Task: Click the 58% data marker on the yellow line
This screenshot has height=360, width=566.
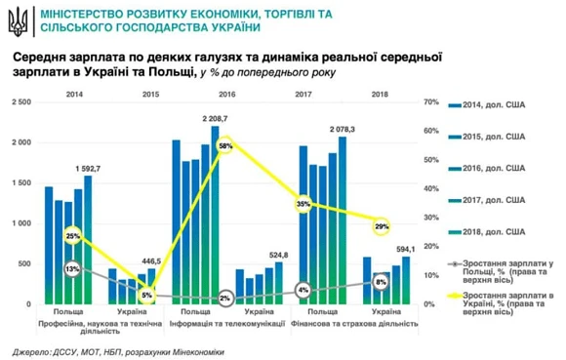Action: coord(225,145)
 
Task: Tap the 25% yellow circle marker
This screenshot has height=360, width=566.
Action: coord(73,236)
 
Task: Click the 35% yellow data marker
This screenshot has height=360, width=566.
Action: coord(304,204)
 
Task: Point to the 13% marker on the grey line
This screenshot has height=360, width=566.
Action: coord(73,269)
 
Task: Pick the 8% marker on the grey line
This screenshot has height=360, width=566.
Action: coord(381,282)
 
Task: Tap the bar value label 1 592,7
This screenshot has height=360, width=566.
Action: coord(90,167)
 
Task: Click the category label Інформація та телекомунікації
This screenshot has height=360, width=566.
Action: coord(226,323)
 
